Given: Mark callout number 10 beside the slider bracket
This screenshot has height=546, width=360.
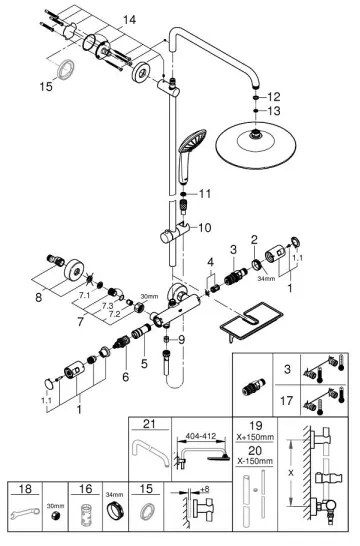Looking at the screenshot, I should (204, 227).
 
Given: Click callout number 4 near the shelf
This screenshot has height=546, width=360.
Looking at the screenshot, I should (210, 264).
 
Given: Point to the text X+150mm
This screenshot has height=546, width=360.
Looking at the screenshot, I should (258, 437).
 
